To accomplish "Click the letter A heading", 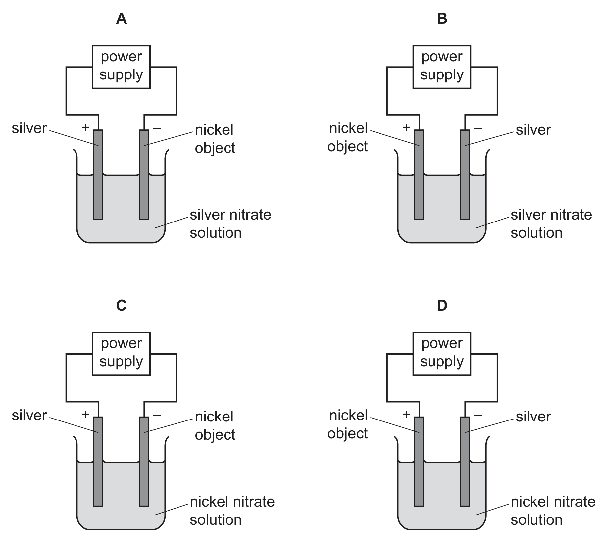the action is click(x=122, y=19).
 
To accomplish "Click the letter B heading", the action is click(x=442, y=19).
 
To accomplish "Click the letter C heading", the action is click(x=122, y=305).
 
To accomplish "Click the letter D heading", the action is click(x=442, y=305).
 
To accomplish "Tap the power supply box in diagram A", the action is click(x=121, y=67).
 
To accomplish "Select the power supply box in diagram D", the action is click(x=442, y=354).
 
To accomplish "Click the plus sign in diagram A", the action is click(x=85, y=127).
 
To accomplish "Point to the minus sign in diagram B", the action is click(x=478, y=128).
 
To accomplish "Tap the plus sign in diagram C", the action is click(x=85, y=414).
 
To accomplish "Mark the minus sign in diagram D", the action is click(x=478, y=415).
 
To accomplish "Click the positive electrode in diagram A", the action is click(x=98, y=174).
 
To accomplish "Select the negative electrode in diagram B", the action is click(x=465, y=174).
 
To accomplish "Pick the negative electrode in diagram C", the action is click(x=144, y=461).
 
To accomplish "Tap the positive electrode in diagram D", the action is click(x=419, y=461).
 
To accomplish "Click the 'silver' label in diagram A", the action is click(x=29, y=128).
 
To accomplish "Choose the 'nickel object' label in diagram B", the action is click(x=347, y=137).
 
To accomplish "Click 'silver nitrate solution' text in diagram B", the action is click(x=551, y=224).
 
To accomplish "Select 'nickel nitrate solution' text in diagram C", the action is click(x=232, y=511).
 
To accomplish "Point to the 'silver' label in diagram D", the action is click(x=533, y=417).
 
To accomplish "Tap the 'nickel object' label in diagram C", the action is click(x=215, y=426).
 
